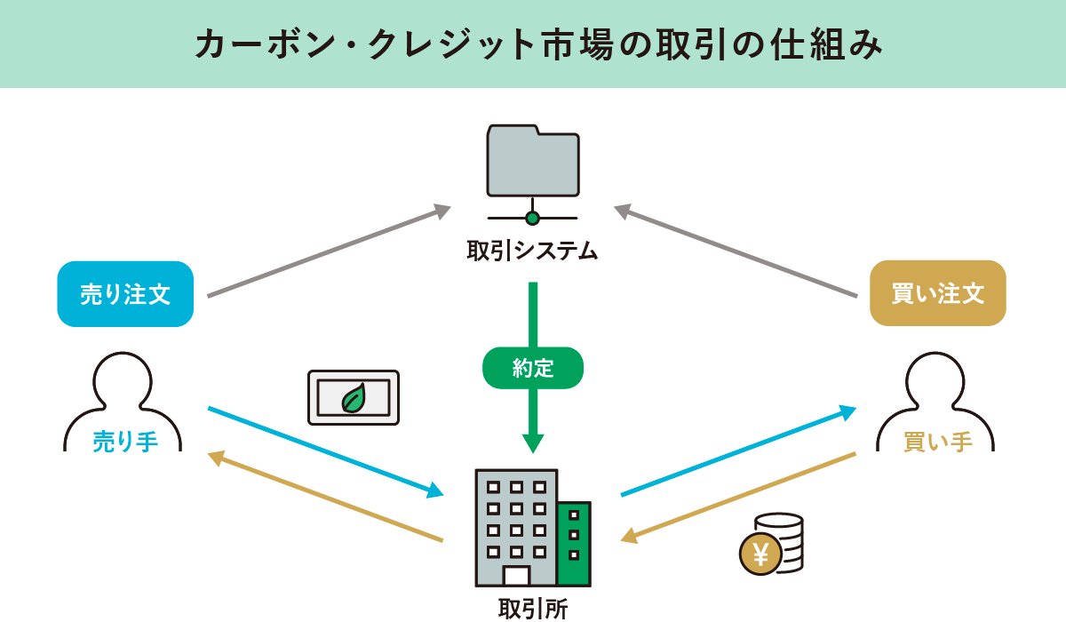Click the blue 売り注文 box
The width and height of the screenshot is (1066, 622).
click(125, 294)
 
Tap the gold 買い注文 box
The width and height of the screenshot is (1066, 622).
click(937, 293)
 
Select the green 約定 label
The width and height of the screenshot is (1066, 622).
click(533, 368)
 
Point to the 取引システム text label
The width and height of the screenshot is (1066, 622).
click(532, 251)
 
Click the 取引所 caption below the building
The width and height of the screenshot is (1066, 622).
click(533, 609)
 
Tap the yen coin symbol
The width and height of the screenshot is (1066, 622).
click(760, 555)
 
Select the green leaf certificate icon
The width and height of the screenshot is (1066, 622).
click(354, 396)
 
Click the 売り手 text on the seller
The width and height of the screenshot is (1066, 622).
click(125, 442)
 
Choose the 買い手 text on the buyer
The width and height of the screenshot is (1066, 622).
click(937, 442)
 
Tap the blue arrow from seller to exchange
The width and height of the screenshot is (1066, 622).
click(324, 451)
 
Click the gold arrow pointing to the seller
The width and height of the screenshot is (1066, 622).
click(324, 497)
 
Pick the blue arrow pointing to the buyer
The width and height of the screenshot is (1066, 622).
click(737, 451)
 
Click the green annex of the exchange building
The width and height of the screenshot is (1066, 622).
click(574, 543)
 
